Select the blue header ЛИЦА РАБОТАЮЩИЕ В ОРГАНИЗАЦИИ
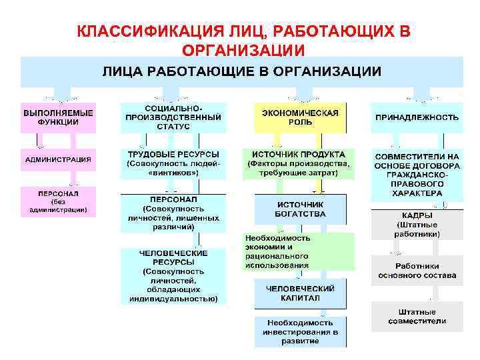(x=241, y=71)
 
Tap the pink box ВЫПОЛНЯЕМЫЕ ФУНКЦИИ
(x=59, y=117)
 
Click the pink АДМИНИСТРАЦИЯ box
(x=59, y=159)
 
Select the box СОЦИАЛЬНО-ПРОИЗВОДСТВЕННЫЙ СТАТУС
(x=173, y=117)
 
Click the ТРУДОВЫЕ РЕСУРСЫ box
(x=173, y=163)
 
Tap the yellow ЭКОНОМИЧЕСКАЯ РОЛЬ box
(x=300, y=117)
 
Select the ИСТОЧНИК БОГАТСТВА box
(x=300, y=209)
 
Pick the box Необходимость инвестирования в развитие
(x=300, y=331)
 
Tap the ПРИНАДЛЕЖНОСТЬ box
(x=417, y=117)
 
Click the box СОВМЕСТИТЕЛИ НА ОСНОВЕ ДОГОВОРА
(x=417, y=174)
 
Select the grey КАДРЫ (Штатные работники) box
(x=417, y=225)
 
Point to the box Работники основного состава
(x=417, y=270)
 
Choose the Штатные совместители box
(x=417, y=316)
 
